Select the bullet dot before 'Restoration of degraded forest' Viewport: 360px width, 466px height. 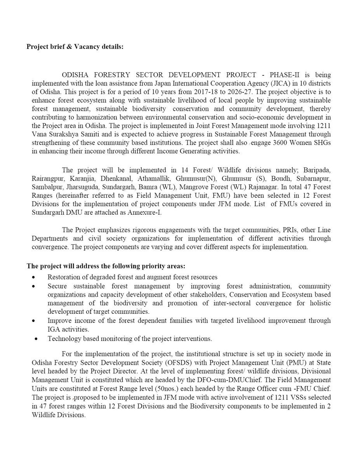35,277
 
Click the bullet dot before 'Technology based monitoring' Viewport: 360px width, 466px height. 36,339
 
